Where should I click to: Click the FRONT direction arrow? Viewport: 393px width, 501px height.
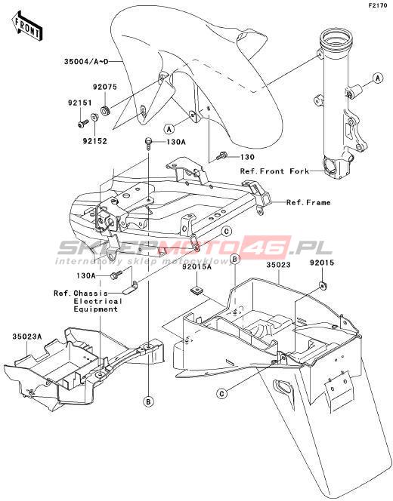point(27,26)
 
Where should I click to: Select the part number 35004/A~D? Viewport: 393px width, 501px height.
point(85,61)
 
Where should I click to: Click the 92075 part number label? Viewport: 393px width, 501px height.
point(105,87)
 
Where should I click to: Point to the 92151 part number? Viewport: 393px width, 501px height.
point(79,103)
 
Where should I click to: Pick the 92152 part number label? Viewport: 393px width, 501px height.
point(94,141)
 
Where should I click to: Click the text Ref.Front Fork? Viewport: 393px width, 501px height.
point(274,171)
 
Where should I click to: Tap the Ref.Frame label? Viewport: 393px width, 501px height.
point(308,202)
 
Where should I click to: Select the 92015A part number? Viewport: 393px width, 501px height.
point(196,267)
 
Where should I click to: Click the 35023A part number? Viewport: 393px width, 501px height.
point(27,337)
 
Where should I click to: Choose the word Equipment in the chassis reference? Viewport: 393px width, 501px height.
point(96,309)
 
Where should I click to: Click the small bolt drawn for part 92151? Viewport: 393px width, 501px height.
point(83,123)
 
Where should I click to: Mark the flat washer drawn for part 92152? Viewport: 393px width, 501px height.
point(94,117)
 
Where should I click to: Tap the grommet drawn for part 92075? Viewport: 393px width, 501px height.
point(105,111)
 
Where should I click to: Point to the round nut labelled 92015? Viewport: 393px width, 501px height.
point(322,284)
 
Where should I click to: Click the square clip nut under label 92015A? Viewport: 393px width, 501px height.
point(195,290)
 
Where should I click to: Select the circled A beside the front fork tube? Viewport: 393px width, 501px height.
point(378,78)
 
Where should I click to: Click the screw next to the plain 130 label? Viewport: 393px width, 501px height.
point(221,157)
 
